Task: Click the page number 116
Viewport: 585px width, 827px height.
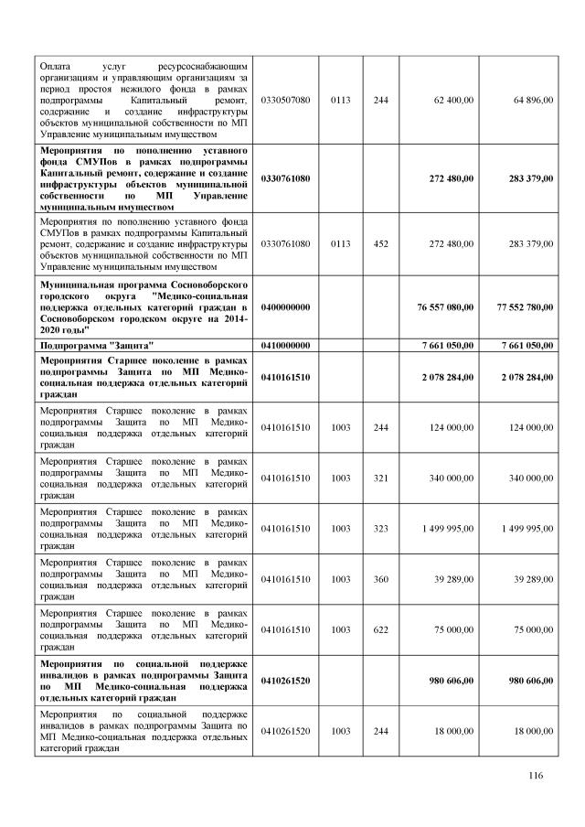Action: [x=536, y=776]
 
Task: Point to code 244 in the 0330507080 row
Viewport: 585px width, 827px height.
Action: [x=380, y=100]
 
